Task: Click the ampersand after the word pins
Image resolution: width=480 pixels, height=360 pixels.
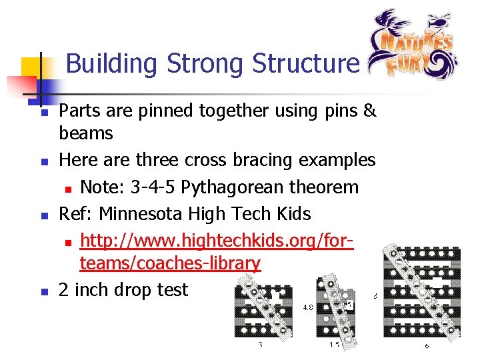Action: click(369, 111)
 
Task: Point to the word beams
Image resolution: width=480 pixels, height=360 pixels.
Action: click(86, 133)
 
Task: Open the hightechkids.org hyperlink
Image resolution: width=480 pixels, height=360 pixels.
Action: click(216, 241)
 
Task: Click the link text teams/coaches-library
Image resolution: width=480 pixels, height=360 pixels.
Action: click(169, 263)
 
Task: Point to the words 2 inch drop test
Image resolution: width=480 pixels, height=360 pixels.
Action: click(124, 290)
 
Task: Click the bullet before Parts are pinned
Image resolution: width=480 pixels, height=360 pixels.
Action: click(43, 112)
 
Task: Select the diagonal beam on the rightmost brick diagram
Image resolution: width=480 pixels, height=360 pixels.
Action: click(423, 293)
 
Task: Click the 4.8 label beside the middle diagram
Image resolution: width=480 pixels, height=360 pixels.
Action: click(309, 308)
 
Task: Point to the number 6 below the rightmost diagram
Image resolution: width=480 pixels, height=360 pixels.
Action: click(427, 346)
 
